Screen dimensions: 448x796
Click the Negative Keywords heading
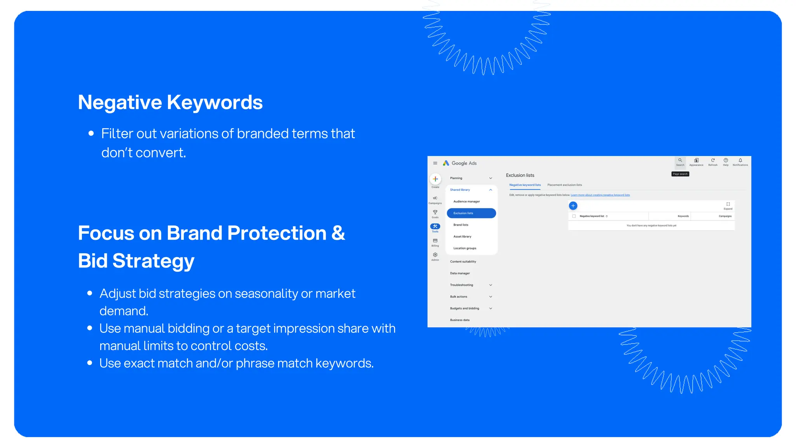click(170, 102)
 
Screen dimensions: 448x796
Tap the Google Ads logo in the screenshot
click(446, 163)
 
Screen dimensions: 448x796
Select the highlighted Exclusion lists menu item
click(471, 213)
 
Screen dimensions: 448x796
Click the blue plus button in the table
click(573, 206)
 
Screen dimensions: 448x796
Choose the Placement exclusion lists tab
click(564, 185)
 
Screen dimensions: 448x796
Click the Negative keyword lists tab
click(525, 185)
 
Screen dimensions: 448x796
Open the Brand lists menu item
click(461, 225)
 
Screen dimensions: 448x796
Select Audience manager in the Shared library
click(466, 201)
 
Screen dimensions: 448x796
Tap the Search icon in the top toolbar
click(680, 161)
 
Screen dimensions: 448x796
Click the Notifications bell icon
click(740, 161)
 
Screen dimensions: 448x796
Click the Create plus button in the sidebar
click(435, 179)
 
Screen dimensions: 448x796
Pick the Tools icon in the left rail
click(435, 226)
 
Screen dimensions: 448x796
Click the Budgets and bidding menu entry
click(465, 308)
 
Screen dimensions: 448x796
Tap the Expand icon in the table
click(728, 204)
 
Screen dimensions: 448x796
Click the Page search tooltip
click(680, 174)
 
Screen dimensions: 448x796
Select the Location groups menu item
click(464, 248)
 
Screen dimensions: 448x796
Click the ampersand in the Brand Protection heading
click(338, 233)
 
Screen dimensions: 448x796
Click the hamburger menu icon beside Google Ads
click(435, 163)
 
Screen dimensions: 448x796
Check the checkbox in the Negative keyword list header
click(574, 216)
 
